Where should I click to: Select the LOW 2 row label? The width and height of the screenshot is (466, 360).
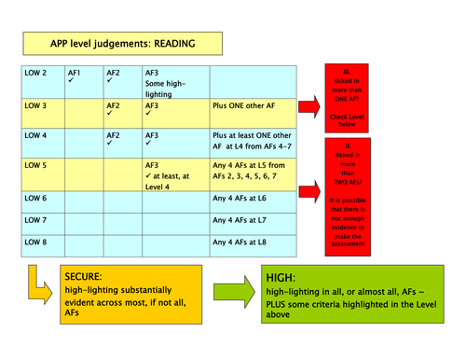coord(34,73)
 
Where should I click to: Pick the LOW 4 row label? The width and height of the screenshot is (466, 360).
coord(34,136)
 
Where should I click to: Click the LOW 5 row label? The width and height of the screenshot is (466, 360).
coord(34,166)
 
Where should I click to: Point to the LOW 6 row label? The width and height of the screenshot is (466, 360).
coord(34,199)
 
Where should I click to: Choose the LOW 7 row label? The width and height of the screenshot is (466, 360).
coord(34,221)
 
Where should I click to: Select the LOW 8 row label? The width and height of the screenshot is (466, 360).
coord(34,242)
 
